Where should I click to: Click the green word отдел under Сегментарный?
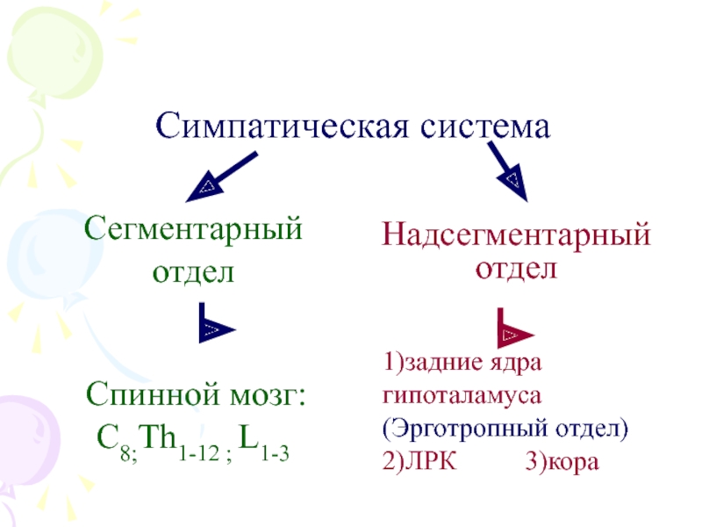pyautogui.click(x=193, y=272)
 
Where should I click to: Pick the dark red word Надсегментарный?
pyautogui.click(x=516, y=236)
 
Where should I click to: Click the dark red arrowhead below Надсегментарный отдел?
pyautogui.click(x=512, y=332)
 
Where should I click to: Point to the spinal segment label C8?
pyautogui.click(x=111, y=436)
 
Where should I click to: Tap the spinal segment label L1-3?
pyautogui.click(x=263, y=437)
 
